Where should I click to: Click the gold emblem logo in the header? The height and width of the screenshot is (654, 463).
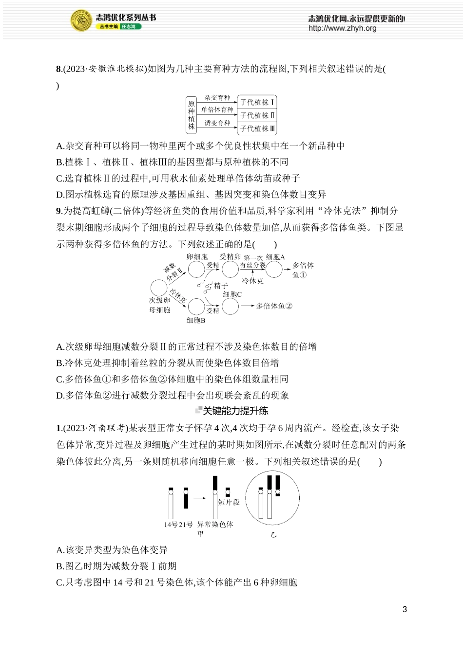click(x=82, y=21)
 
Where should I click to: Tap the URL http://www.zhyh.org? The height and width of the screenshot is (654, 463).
click(x=342, y=28)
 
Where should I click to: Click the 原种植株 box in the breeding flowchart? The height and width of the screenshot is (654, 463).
click(x=192, y=115)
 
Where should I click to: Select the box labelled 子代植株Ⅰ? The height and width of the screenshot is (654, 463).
click(x=257, y=102)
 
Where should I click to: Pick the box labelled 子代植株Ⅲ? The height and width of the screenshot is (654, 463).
click(x=257, y=128)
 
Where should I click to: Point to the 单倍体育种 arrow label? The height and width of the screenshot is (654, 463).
click(x=217, y=110)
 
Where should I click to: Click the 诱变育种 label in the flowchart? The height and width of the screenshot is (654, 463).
click(x=217, y=123)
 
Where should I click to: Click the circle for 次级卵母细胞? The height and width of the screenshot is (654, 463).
click(x=159, y=288)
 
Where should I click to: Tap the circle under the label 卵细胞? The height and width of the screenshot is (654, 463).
click(x=196, y=269)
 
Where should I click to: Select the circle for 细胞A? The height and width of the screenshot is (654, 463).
click(x=274, y=269)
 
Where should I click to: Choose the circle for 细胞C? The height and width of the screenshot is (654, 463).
click(x=230, y=306)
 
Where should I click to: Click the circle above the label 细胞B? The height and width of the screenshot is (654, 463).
click(x=196, y=307)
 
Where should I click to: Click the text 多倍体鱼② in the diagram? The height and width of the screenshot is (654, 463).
click(x=274, y=306)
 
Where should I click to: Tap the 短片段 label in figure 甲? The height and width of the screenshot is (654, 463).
click(x=229, y=502)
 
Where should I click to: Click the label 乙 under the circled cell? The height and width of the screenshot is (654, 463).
click(x=273, y=535)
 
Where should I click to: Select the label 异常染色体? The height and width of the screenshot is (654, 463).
click(x=215, y=525)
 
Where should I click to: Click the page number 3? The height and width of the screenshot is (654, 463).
click(x=405, y=609)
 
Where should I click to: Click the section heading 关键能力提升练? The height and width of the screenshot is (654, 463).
click(x=235, y=411)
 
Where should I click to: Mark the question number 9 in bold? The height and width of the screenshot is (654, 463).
click(x=58, y=211)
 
